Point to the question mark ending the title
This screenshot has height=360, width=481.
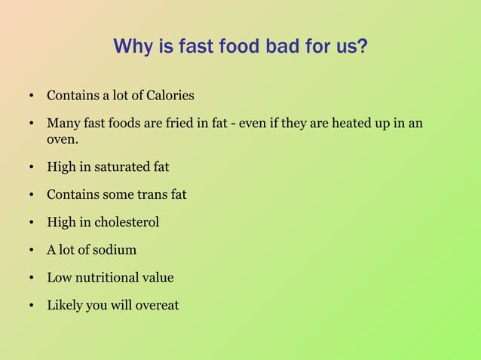(363, 47)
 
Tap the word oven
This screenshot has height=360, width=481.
(63, 139)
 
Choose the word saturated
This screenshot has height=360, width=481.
(121, 166)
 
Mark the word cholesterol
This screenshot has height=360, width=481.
(127, 222)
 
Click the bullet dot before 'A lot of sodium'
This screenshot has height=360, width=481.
(32, 250)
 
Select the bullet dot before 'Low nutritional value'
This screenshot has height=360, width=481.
(32, 278)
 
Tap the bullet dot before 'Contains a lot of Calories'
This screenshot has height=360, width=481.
(32, 96)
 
